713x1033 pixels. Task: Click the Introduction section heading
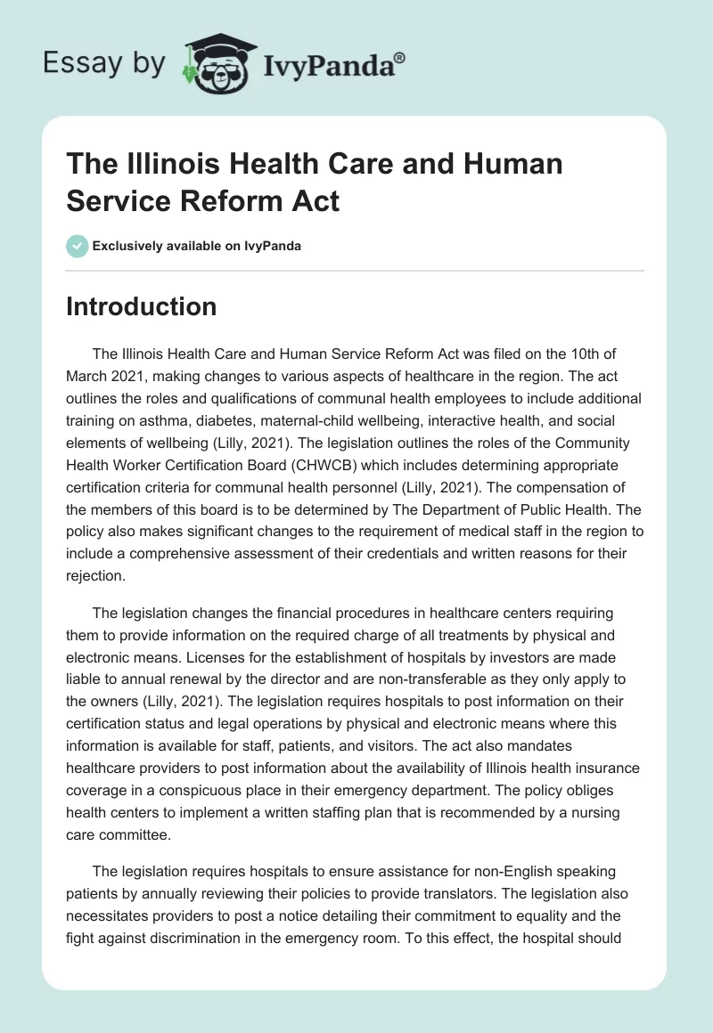click(x=142, y=306)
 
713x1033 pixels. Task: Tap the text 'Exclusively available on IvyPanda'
click(x=195, y=246)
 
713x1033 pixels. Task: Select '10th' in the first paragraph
click(x=577, y=354)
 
